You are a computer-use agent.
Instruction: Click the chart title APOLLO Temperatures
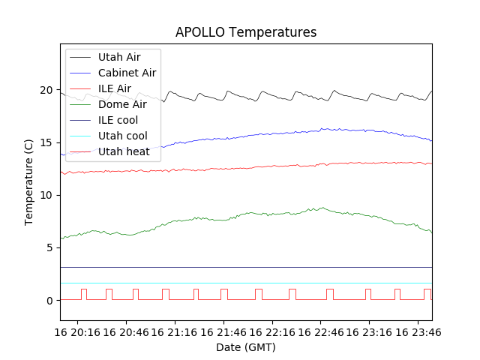coord(246,32)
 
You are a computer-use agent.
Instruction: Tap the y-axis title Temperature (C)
coord(29,182)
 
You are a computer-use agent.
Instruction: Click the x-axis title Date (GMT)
coord(246,347)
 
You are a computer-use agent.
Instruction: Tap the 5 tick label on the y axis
coord(49,247)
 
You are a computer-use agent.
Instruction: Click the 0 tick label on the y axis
coord(49,300)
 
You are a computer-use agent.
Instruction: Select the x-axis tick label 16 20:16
coord(78,331)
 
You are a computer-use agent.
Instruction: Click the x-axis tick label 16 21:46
coord(223,331)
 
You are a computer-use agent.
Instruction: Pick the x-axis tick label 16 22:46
coord(320,331)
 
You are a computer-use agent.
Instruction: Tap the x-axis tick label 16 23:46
coord(417,331)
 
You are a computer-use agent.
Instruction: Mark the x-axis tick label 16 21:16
coord(175,331)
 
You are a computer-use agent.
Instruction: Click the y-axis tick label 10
coord(46,195)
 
